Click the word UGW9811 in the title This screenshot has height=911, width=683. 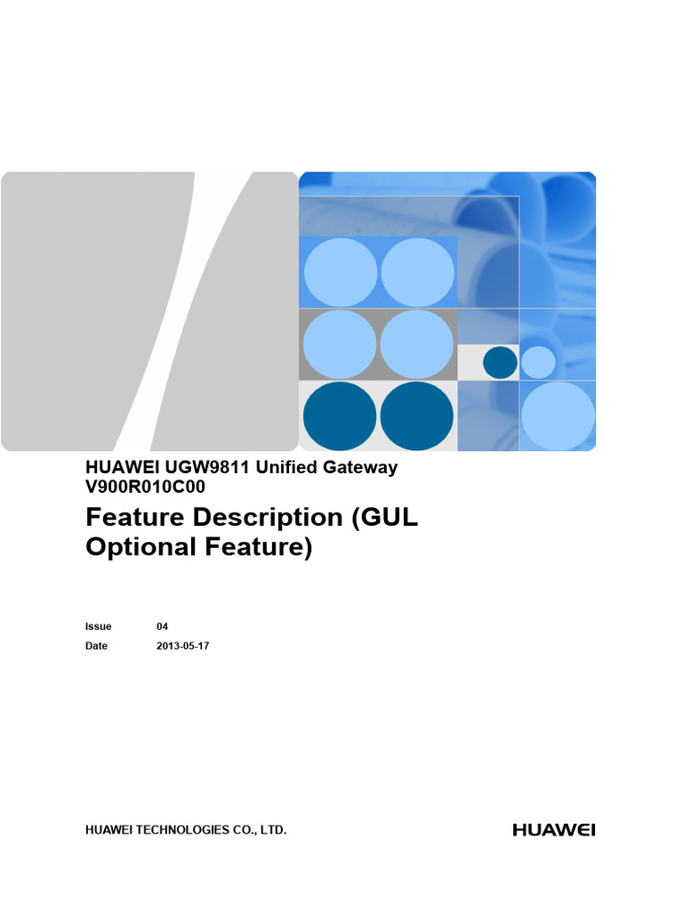(206, 467)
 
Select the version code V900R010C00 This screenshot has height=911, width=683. (145, 487)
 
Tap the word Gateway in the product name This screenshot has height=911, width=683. (360, 468)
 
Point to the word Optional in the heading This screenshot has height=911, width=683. (141, 548)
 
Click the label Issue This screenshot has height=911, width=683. (98, 626)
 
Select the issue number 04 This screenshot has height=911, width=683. (162, 626)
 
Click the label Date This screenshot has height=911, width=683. (96, 646)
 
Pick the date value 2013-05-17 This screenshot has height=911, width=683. (183, 646)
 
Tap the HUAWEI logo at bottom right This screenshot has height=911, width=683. (554, 830)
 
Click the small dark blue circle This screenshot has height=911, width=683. (500, 362)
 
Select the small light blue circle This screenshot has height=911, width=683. (538, 362)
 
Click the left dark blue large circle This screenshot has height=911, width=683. (340, 416)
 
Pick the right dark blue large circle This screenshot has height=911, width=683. (417, 416)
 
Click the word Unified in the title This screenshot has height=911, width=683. (287, 467)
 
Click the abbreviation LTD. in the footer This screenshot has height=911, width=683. (273, 830)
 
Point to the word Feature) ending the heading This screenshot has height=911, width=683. (259, 548)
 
